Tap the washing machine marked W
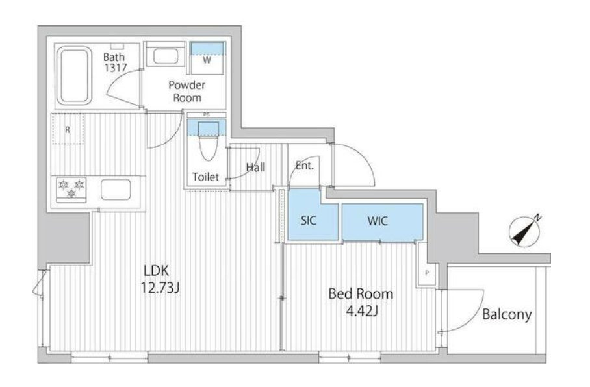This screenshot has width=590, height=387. tap(207, 58)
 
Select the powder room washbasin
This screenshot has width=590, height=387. tap(166, 56)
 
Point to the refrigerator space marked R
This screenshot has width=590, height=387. tap(68, 129)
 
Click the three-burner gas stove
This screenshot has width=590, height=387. tap(71, 189)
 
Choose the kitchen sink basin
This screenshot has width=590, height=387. tap(116, 189)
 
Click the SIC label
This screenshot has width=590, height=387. tap(309, 220)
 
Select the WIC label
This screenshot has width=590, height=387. tap(378, 221)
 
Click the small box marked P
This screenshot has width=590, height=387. tap(427, 273)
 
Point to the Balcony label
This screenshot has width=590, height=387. tap(507, 314)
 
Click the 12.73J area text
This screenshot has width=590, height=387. tap(160, 288)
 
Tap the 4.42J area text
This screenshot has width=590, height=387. tap(361, 310)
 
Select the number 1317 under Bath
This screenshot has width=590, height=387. tap(116, 68)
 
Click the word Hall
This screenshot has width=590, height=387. tap(255, 168)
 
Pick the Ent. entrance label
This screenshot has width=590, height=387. tap(304, 166)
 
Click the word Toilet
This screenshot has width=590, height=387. tap(205, 177)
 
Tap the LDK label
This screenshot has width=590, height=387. tap(156, 270)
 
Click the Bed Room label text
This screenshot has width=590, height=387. tap(361, 293)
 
